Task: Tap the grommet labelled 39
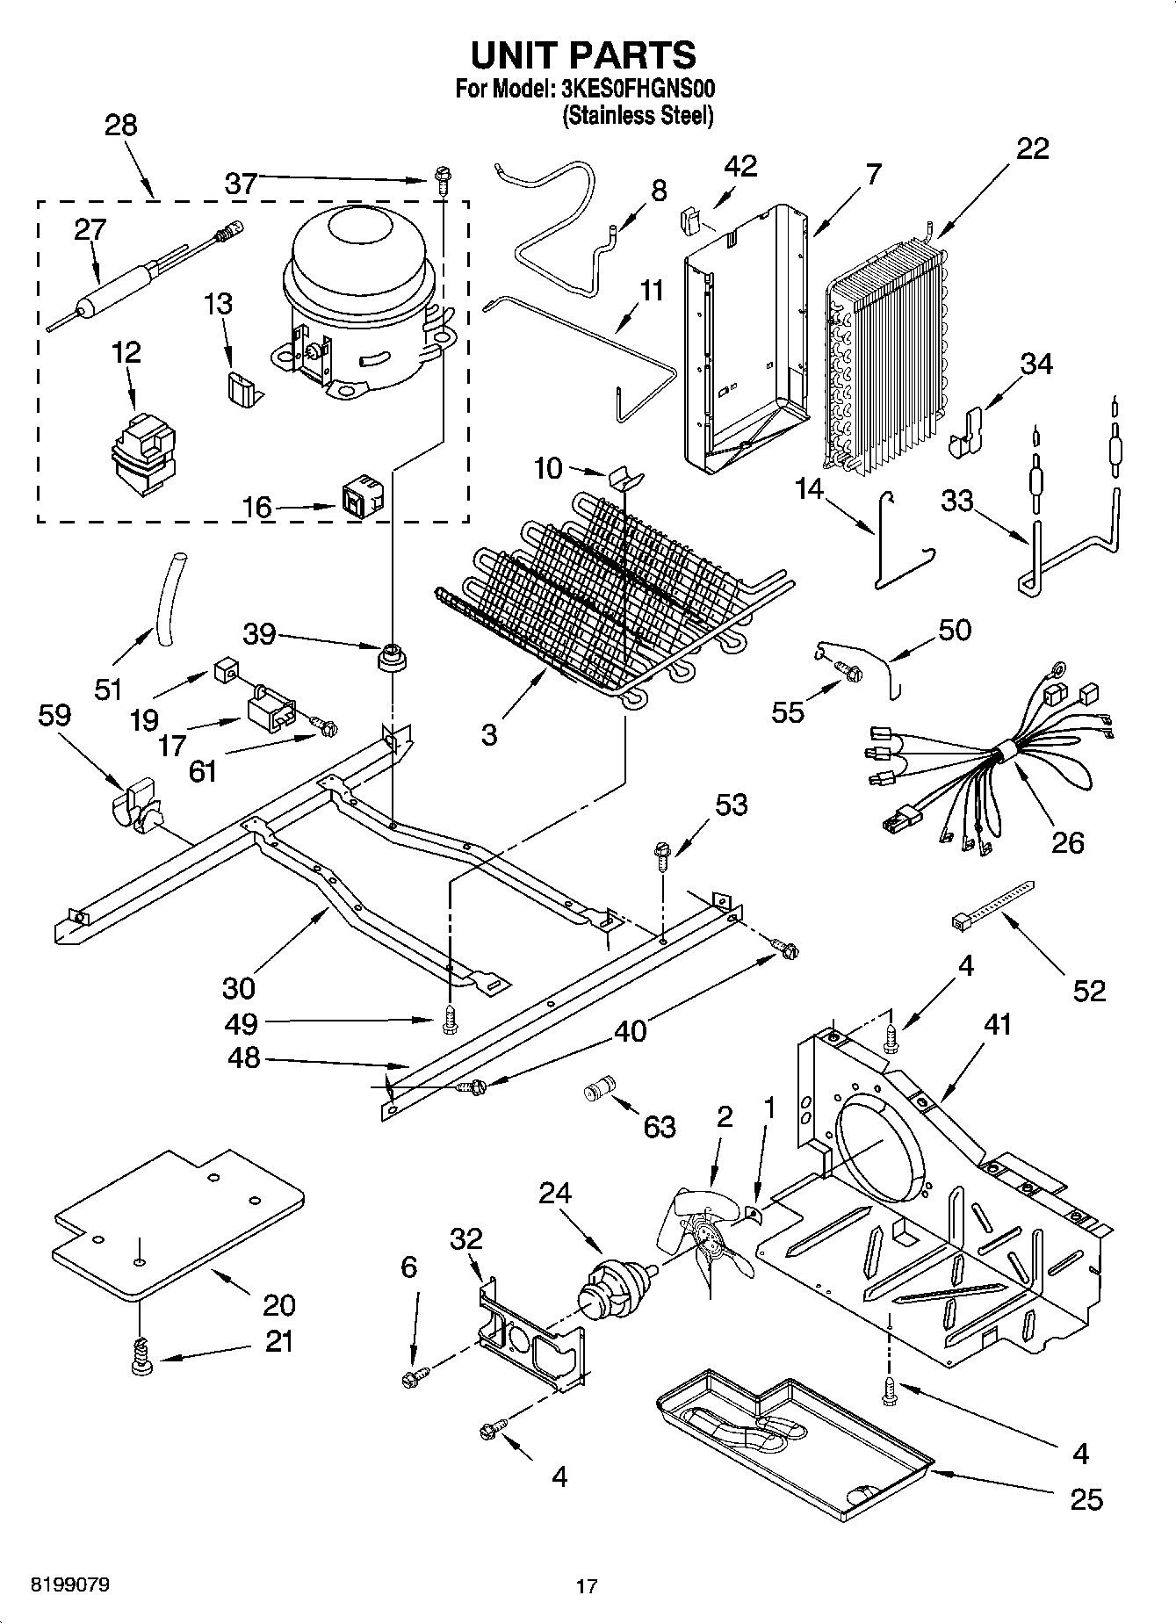click(389, 656)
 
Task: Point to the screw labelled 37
click(441, 182)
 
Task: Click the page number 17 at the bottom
click(587, 1586)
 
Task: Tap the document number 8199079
click(70, 1584)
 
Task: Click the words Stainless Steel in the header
click(638, 114)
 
